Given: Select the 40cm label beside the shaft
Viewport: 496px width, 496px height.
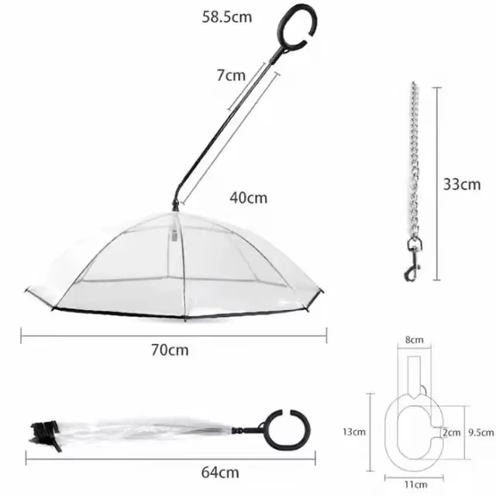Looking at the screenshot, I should (x=248, y=197).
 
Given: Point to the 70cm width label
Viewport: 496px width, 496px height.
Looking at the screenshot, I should (x=169, y=350).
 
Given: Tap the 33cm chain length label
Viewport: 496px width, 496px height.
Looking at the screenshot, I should (x=462, y=184).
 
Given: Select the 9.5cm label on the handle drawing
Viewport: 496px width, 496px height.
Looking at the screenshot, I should (x=480, y=432).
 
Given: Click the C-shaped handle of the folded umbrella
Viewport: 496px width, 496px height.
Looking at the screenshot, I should (x=281, y=431).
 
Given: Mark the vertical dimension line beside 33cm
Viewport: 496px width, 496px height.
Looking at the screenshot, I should (x=438, y=184).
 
